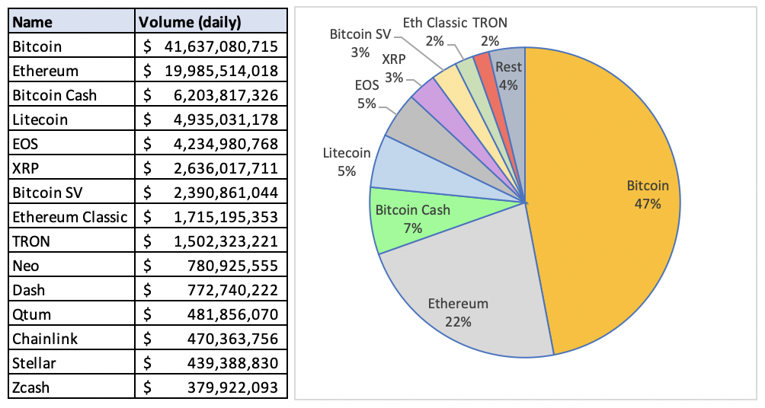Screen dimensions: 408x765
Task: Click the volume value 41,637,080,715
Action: tap(221, 46)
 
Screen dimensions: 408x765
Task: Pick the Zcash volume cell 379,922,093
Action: tap(232, 387)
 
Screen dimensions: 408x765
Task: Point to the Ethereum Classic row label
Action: tap(69, 217)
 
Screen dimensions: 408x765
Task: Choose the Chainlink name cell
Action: tap(45, 339)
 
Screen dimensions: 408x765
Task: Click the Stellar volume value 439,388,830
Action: tap(232, 363)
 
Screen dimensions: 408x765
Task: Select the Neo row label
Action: tap(25, 266)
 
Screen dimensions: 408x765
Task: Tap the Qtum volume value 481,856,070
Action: tap(232, 314)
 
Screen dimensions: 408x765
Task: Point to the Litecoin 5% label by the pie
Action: tap(347, 162)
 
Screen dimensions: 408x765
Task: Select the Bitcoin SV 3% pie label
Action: tap(360, 43)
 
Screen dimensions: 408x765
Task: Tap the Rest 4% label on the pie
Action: tap(508, 75)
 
